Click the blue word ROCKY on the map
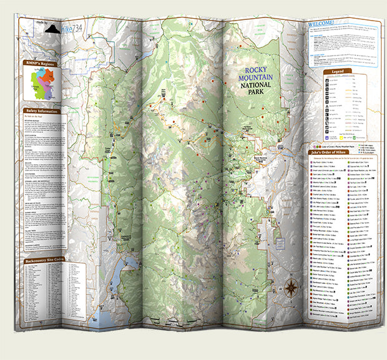tap(255, 71)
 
